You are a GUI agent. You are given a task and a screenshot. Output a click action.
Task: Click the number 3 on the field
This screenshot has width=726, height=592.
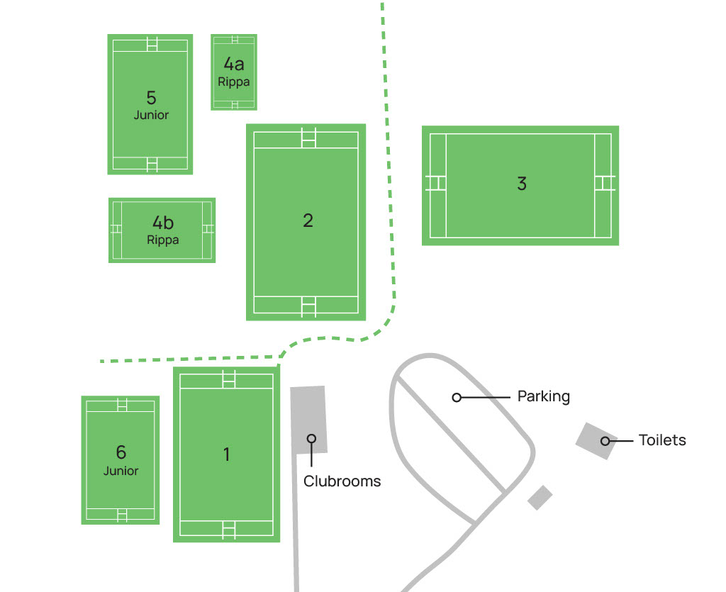click(x=522, y=184)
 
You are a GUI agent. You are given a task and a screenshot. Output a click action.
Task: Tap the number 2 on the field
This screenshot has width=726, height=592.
click(x=308, y=220)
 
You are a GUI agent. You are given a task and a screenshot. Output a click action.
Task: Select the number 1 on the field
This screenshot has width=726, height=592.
click(x=227, y=454)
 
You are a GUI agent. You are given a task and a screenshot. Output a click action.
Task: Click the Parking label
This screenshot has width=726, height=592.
click(x=543, y=396)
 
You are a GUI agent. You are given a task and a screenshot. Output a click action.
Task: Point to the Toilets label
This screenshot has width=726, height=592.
click(x=662, y=440)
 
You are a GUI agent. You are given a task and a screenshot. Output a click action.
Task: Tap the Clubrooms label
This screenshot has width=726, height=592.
click(x=342, y=481)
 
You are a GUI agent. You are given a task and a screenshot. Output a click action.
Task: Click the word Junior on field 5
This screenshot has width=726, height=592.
click(x=151, y=115)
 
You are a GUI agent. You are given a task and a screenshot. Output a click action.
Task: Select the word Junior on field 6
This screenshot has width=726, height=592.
click(x=121, y=471)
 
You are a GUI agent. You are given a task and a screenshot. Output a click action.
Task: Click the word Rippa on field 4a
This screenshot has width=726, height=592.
click(x=234, y=82)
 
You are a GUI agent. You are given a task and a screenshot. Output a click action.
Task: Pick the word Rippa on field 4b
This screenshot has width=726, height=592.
click(x=163, y=240)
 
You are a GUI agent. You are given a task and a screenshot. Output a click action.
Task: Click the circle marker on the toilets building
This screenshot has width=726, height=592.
click(x=605, y=441)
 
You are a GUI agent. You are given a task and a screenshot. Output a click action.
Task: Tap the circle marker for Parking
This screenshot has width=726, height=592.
click(x=457, y=397)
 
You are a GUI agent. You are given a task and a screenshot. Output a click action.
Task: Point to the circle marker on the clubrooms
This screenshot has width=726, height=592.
click(x=311, y=438)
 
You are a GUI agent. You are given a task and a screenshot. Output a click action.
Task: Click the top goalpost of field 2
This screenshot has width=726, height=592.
click(x=308, y=137)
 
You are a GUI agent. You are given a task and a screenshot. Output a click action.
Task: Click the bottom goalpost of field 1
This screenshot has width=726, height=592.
click(x=228, y=528)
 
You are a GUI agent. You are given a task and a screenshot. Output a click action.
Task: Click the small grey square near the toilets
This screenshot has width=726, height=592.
click(x=540, y=497)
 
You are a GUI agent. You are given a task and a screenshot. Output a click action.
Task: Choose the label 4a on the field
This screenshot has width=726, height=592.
click(x=234, y=65)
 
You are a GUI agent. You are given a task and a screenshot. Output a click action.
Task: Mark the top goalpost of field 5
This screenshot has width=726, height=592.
click(x=152, y=44)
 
